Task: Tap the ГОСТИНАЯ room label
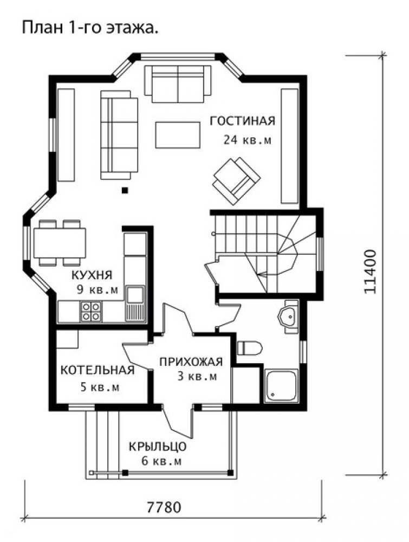pos(243,121)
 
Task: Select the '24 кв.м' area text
pos(248,140)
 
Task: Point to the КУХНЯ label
pos(92,275)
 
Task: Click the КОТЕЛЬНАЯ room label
pos(98,370)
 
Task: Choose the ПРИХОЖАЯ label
pos(191,362)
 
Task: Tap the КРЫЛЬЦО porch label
pos(158,447)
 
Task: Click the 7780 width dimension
pos(164,507)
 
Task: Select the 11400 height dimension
pos(370,272)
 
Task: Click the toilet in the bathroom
pos(250,348)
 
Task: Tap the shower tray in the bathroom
pos(281,386)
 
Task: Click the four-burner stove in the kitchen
pos(91,312)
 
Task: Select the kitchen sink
pos(135,303)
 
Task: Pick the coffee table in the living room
pos(178,135)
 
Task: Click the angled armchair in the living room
pos(236,180)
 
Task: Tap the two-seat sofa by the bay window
pos(178,84)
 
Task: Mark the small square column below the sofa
pos(125,190)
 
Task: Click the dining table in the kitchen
pos(60,243)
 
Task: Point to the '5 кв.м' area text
pos(100,387)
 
